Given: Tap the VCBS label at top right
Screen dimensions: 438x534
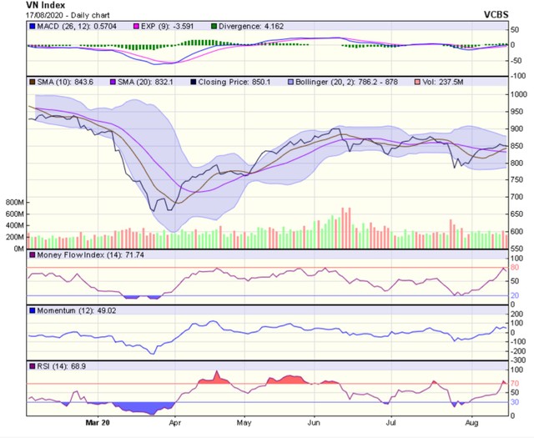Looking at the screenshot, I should tap(505, 14).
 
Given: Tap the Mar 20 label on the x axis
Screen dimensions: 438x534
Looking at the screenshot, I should tap(98, 423).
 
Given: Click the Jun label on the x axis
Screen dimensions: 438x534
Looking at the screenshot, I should tap(314, 423).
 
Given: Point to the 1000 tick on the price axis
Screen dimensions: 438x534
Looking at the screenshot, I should tap(519, 94).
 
